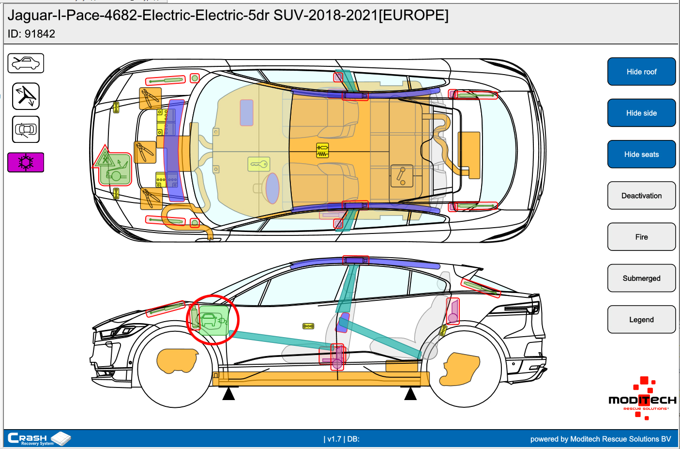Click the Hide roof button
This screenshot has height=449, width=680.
pyautogui.click(x=641, y=72)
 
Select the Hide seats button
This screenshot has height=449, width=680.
pyautogui.click(x=641, y=155)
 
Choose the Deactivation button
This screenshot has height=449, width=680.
pyautogui.click(x=641, y=196)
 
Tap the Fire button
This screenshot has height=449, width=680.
pyautogui.click(x=641, y=237)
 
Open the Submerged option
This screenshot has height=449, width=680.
pyautogui.click(x=641, y=278)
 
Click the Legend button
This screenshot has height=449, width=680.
pyautogui.click(x=641, y=320)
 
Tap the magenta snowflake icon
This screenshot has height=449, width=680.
pyautogui.click(x=26, y=162)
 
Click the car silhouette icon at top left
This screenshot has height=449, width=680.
pyautogui.click(x=26, y=63)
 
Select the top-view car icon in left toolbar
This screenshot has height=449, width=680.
pyautogui.click(x=26, y=129)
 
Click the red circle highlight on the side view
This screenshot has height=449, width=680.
pyautogui.click(x=213, y=320)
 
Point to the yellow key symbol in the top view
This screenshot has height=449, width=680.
pyautogui.click(x=259, y=164)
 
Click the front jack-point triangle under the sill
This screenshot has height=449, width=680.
pyautogui.click(x=228, y=394)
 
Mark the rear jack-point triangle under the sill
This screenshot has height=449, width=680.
pyautogui.click(x=410, y=394)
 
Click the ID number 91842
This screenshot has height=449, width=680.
pyautogui.click(x=40, y=34)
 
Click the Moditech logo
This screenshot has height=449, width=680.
pyautogui.click(x=642, y=400)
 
